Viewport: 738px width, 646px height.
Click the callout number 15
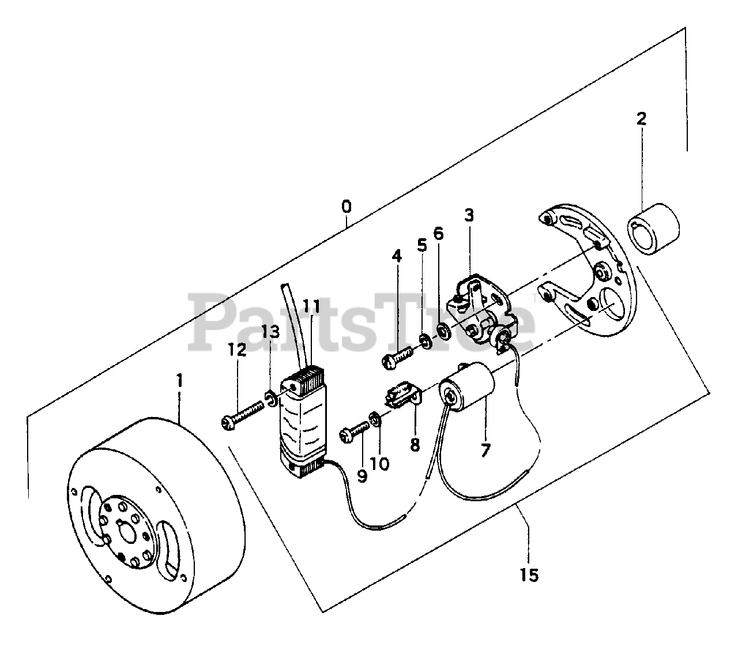(x=529, y=574)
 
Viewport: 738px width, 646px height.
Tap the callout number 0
(x=345, y=206)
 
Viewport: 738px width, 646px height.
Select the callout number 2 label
(x=641, y=119)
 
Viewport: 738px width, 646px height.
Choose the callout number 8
(x=415, y=445)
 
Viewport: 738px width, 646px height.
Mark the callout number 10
(x=381, y=463)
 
